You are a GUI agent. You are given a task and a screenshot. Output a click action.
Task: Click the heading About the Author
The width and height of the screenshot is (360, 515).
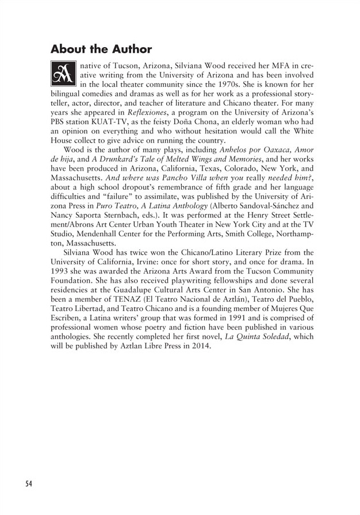(x=101, y=49)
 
